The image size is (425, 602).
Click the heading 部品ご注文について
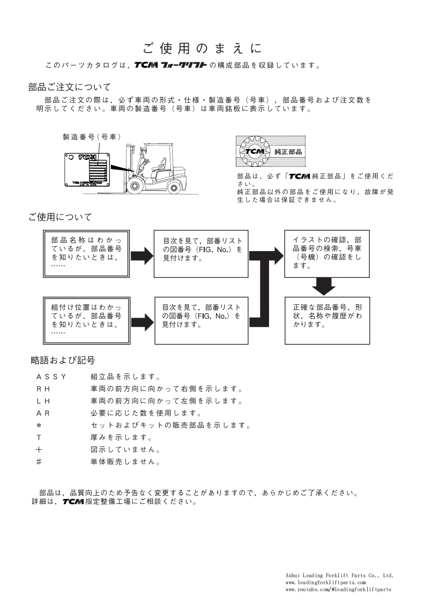pyautogui.click(x=70, y=87)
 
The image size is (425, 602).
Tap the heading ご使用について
pyautogui.click(x=60, y=217)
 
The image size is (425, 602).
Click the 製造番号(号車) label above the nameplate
pyautogui.click(x=92, y=137)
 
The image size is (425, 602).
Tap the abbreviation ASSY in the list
pyautogui.click(x=51, y=377)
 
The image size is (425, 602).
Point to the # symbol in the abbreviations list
pyautogui.click(x=39, y=461)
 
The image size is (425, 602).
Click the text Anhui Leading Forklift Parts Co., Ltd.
pyautogui.click(x=339, y=575)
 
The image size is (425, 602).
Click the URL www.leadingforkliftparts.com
pyautogui.click(x=325, y=582)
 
